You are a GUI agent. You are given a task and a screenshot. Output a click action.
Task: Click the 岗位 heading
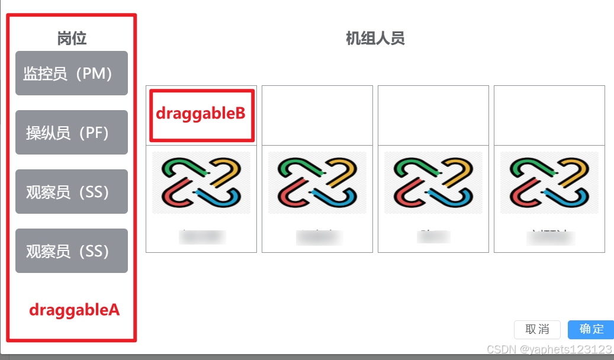72,38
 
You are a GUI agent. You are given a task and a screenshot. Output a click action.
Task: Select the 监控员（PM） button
72,73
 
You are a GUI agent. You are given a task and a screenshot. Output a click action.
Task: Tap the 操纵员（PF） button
72,132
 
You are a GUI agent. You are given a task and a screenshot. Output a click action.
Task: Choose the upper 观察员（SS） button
72,191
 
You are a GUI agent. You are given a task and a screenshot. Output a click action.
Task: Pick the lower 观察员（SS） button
72,250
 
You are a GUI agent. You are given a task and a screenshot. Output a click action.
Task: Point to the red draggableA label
75,309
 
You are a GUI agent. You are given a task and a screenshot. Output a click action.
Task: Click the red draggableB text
201,113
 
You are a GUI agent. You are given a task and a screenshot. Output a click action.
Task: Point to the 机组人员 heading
375,39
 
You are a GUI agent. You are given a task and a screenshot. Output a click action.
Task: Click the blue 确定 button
591,329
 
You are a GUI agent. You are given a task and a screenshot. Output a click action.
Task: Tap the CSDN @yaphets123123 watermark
549,349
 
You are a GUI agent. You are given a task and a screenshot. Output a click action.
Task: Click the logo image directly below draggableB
201,182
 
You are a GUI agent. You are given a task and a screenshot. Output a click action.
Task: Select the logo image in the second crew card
317,182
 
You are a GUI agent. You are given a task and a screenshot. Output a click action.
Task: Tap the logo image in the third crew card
433,182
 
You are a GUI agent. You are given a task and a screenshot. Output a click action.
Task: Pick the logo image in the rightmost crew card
549,182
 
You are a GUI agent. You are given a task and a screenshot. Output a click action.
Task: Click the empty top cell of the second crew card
317,115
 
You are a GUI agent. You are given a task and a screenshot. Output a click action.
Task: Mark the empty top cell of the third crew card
433,115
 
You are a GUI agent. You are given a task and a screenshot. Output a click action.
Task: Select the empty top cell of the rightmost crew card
549,115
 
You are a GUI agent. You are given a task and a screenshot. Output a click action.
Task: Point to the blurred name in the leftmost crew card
202,237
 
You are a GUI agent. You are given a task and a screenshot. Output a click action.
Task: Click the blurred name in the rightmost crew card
550,237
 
